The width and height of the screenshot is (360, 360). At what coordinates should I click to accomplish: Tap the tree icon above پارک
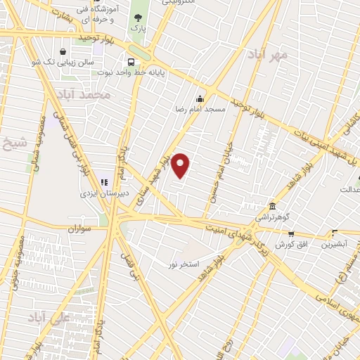tap(137, 16)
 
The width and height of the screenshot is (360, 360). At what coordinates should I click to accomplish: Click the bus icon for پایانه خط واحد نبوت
tap(131, 61)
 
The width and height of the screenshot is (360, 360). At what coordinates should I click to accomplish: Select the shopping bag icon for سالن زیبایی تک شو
tap(63, 51)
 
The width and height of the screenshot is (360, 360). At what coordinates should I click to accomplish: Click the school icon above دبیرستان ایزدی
tap(103, 164)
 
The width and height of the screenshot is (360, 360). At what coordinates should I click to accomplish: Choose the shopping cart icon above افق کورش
tap(291, 233)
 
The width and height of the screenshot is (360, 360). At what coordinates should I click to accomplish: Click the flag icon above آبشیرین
tap(335, 233)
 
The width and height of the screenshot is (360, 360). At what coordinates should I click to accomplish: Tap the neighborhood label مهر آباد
tap(263, 54)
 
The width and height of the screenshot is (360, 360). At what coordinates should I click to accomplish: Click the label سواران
tap(82, 229)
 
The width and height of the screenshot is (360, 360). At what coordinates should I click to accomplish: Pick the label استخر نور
tap(163, 264)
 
